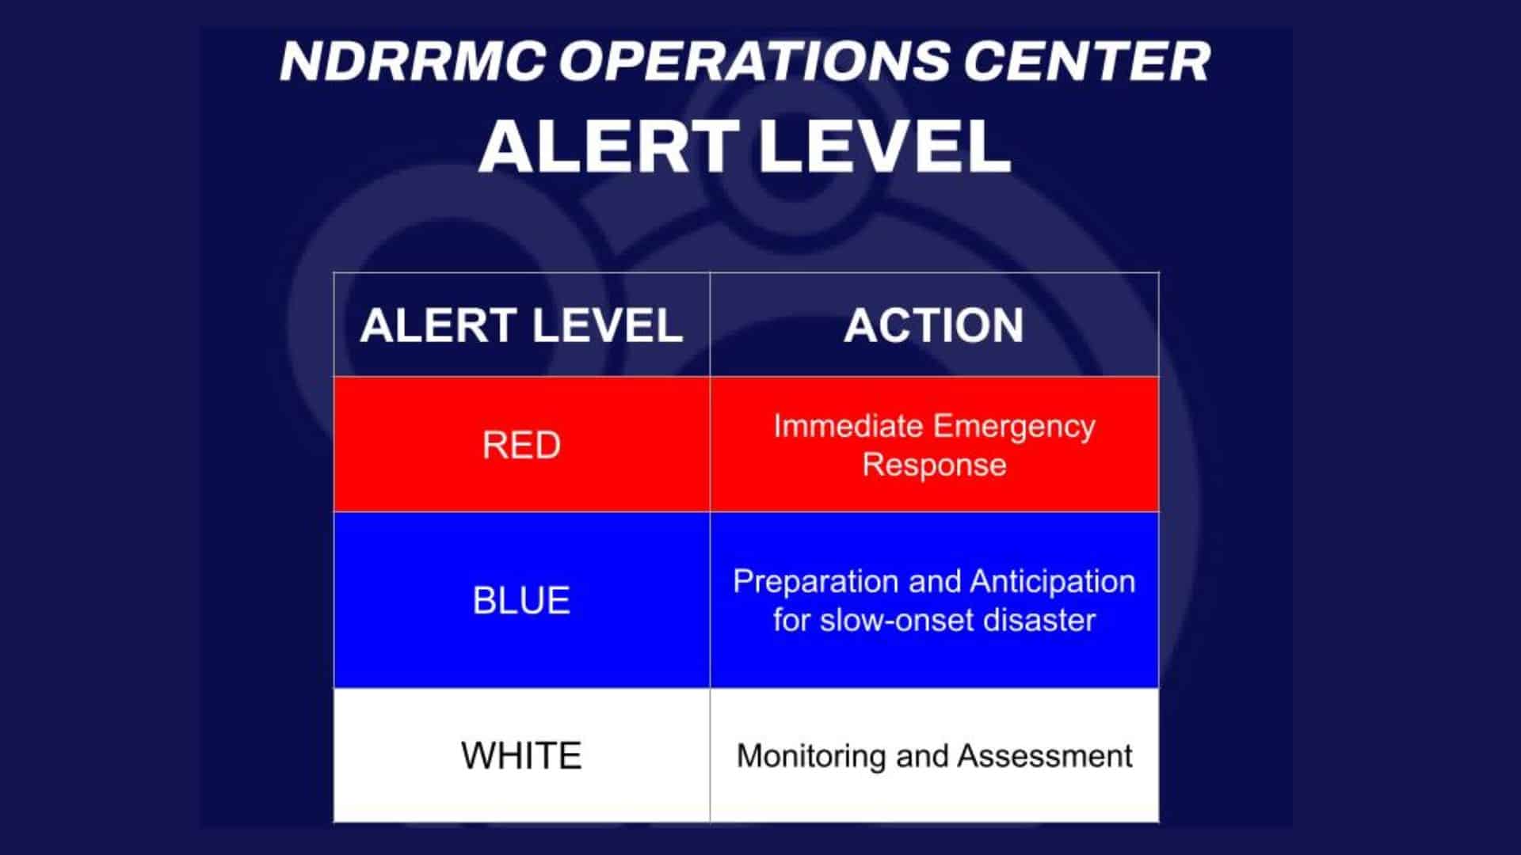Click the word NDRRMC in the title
coord(412,61)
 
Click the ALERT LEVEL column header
coord(521,325)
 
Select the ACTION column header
coord(934,325)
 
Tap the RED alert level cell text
coord(521,445)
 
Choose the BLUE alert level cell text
coord(521,600)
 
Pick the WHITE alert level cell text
coord(521,755)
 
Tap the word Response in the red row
coord(934,465)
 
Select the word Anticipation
coord(1053,583)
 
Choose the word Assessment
coord(1045,756)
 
